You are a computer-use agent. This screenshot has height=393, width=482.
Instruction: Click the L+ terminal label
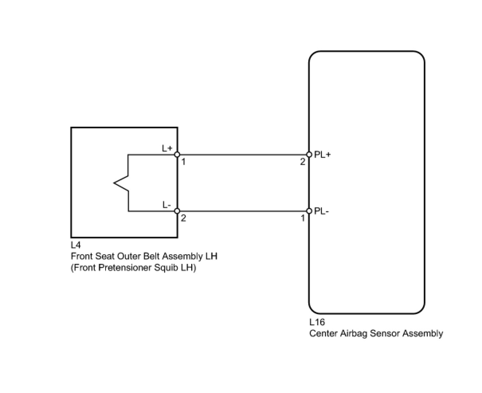[x=167, y=148]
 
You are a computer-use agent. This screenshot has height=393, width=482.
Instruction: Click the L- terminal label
[x=167, y=205]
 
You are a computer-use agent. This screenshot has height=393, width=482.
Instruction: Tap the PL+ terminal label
[x=323, y=155]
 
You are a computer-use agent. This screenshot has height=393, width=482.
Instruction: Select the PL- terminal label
[x=321, y=211]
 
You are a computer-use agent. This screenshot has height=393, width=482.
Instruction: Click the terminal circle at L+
[x=177, y=155]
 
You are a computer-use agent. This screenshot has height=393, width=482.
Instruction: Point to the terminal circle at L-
[x=177, y=211]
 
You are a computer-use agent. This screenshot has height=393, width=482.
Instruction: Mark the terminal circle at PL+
[x=309, y=155]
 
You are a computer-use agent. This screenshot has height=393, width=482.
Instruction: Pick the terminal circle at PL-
[x=309, y=211]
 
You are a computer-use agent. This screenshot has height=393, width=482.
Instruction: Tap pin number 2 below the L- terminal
[x=183, y=218]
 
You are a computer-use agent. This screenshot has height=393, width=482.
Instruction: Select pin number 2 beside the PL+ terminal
[x=303, y=162]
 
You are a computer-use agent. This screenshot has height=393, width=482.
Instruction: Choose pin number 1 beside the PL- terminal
[x=303, y=218]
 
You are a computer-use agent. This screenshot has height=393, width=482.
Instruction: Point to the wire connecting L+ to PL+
[x=243, y=155]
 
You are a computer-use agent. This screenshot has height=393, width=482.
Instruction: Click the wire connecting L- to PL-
[x=243, y=211]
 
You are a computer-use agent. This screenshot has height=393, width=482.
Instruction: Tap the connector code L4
[x=76, y=245]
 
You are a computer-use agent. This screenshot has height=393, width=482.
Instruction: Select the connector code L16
[x=317, y=322]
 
